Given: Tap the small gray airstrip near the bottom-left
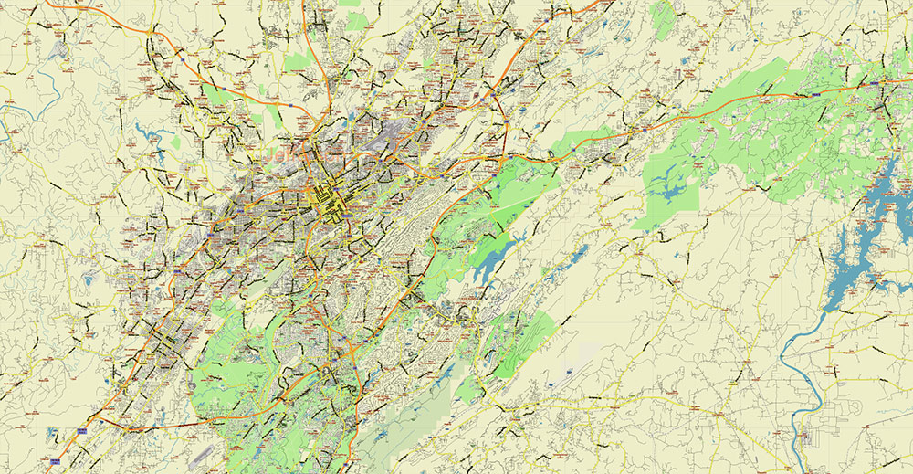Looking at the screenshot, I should pos(205,453).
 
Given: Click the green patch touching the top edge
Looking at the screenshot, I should pos(349,4).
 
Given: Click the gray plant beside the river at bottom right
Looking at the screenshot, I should pos(808,439).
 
